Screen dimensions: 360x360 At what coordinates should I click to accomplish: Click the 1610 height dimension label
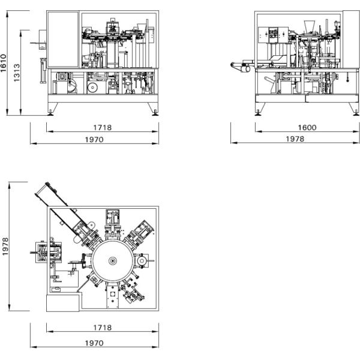(4, 63)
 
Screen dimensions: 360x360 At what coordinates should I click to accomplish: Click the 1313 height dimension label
(17, 73)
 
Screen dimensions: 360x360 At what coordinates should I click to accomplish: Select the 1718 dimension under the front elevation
(103, 127)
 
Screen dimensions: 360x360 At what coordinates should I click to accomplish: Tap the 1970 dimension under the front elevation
(94, 140)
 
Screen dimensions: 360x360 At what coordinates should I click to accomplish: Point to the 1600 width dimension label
(307, 127)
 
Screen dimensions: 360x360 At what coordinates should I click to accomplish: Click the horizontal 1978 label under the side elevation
(295, 139)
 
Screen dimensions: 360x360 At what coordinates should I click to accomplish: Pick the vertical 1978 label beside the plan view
(5, 247)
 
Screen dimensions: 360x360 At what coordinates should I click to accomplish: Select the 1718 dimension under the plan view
(103, 328)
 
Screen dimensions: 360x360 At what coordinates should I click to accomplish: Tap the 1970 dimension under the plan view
(94, 343)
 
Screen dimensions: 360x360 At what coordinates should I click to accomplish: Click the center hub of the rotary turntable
(113, 261)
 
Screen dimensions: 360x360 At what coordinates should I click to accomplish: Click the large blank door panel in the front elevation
(63, 39)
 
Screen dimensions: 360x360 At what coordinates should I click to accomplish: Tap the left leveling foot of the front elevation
(50, 113)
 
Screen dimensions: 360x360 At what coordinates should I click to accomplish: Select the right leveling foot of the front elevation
(155, 113)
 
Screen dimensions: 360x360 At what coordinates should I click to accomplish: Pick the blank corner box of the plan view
(62, 303)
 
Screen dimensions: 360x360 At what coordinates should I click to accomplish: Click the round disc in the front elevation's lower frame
(92, 87)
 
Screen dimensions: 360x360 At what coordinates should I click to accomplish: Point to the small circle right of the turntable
(142, 261)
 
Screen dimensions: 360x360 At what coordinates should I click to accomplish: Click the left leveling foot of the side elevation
(258, 113)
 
